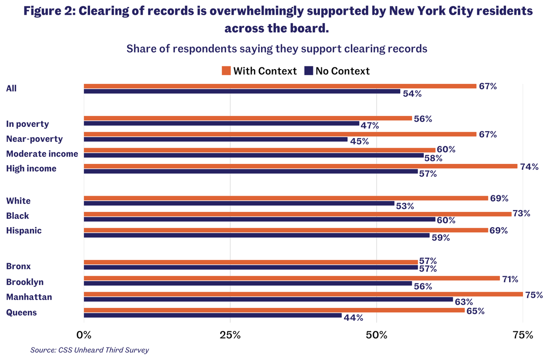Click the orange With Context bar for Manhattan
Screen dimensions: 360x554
point(303,294)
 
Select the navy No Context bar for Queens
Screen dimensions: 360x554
point(212,316)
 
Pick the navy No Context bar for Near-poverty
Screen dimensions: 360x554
point(215,139)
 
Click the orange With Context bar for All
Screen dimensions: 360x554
point(280,86)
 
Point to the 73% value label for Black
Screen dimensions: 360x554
point(521,214)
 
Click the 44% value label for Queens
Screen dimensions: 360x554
point(353,318)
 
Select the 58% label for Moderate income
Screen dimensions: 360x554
point(433,158)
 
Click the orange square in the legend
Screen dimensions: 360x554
point(226,71)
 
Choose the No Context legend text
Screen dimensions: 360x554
point(343,71)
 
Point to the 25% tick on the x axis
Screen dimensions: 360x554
point(230,335)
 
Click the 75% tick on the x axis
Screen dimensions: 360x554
point(523,335)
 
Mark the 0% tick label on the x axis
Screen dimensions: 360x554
point(84,335)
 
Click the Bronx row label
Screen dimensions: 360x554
point(18,266)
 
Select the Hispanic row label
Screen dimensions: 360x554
point(24,230)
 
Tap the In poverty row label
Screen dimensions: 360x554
point(27,124)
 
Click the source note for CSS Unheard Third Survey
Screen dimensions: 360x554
point(90,350)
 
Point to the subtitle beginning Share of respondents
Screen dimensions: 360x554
point(277,48)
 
